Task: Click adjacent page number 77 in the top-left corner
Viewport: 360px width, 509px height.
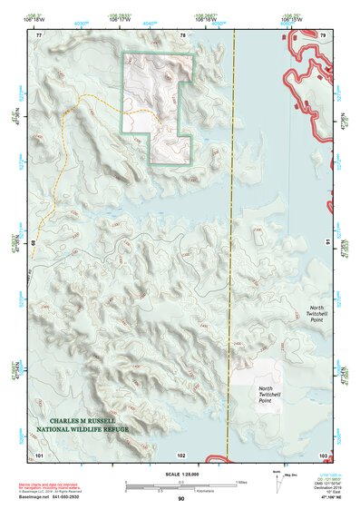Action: coord(39,35)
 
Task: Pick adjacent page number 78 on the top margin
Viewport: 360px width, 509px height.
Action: coord(182,35)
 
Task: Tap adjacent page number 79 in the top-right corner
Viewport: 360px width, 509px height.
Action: coord(322,35)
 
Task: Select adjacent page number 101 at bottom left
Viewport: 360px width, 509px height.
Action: coord(39,453)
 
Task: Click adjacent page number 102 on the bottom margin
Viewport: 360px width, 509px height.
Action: coord(181,453)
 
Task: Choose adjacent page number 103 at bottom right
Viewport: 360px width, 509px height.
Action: coord(322,453)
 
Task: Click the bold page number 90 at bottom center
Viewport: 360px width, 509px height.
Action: coord(180,499)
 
